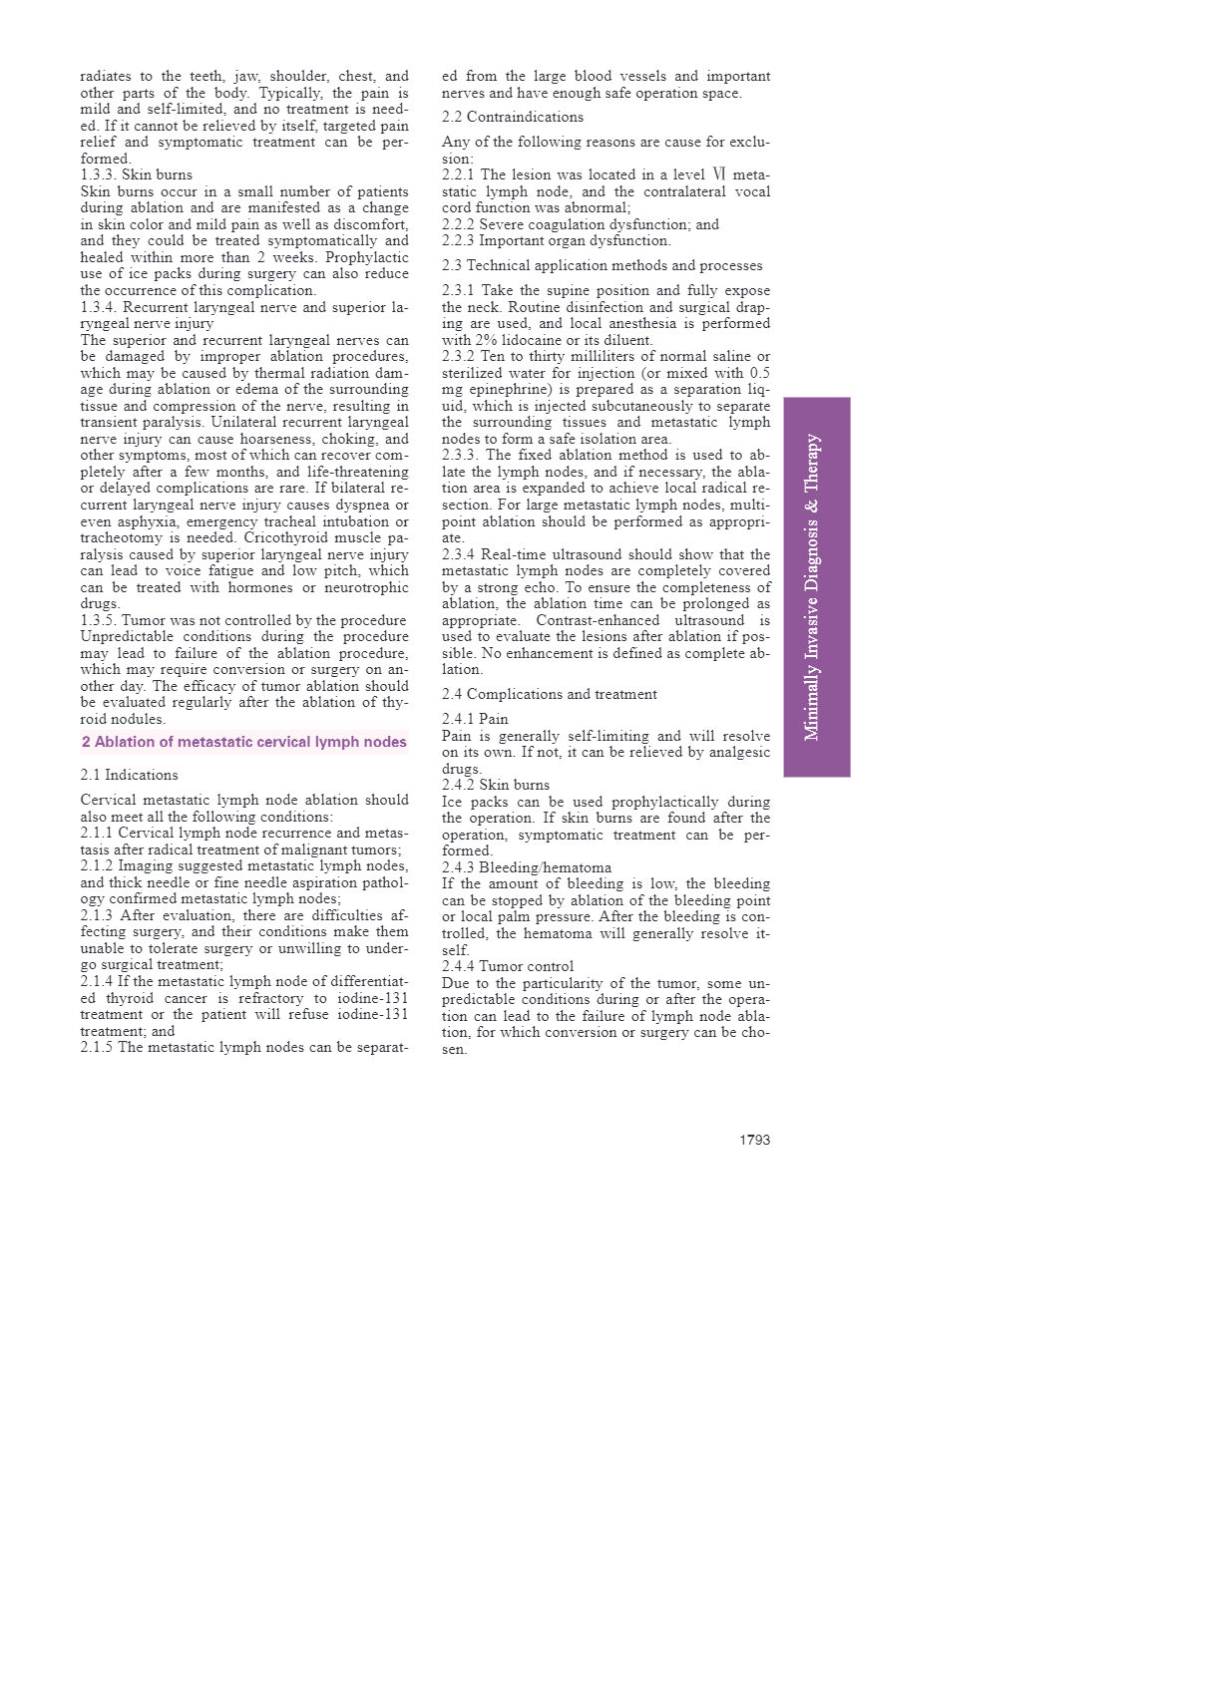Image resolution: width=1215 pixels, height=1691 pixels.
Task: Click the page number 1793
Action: click(x=754, y=1140)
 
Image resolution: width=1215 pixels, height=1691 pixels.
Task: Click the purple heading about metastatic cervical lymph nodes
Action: click(x=244, y=742)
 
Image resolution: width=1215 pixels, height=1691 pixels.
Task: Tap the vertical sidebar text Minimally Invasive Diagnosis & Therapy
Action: click(x=813, y=587)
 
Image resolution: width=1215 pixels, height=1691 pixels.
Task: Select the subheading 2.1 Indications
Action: click(x=129, y=775)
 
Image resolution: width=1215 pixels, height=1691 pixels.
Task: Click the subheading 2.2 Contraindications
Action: click(x=513, y=117)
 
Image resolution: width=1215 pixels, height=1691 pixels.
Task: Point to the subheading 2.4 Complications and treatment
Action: click(x=550, y=694)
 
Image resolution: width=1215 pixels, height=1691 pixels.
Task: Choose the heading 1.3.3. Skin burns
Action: click(x=137, y=174)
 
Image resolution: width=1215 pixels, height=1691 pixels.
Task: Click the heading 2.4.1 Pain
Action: click(x=475, y=719)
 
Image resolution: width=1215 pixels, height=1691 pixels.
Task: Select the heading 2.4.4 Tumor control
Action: click(x=508, y=966)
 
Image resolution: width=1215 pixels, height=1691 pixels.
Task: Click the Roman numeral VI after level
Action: click(x=718, y=174)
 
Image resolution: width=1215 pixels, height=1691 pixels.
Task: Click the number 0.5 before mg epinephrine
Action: click(x=759, y=373)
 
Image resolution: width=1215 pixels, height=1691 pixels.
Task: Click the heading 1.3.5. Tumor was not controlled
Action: click(x=243, y=620)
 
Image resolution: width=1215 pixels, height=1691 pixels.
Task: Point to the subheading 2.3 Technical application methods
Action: click(x=602, y=265)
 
